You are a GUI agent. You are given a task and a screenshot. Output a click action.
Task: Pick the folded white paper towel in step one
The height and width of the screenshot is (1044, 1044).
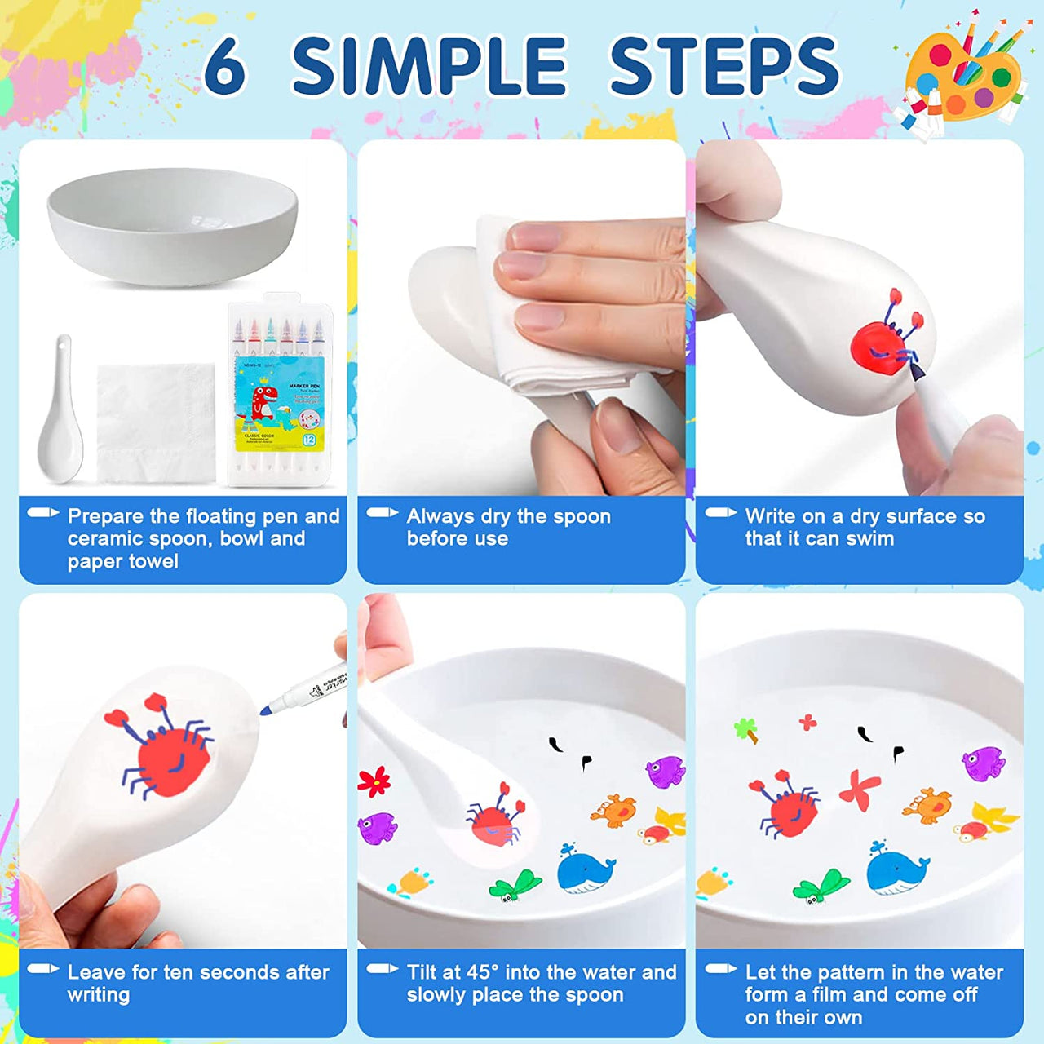point(156,422)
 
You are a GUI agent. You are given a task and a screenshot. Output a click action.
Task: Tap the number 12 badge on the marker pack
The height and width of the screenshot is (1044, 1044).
point(309,440)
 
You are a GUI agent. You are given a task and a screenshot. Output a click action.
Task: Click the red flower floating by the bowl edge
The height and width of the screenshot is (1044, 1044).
point(374,781)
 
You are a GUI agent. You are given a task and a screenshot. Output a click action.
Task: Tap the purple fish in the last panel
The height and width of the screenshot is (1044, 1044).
point(983,763)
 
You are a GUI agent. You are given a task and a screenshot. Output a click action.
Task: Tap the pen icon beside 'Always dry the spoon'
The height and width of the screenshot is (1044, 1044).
point(382,513)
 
